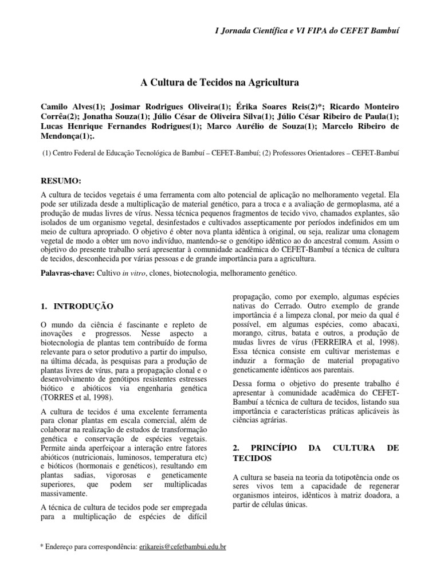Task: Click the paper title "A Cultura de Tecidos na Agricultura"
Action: [x=220, y=83]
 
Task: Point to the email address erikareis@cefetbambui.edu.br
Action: [x=182, y=547]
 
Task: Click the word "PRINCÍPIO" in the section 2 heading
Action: [x=274, y=447]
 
